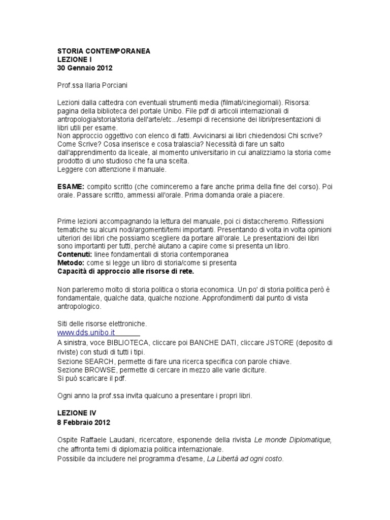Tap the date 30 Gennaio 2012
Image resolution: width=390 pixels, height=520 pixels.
tap(84, 67)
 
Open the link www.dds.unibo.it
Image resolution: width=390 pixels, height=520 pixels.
tap(86, 332)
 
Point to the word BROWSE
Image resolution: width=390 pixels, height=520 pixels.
tap(104, 370)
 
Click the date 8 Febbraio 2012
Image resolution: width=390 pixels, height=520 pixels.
tap(83, 422)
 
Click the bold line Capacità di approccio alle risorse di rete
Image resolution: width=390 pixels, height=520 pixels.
tap(125, 271)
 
